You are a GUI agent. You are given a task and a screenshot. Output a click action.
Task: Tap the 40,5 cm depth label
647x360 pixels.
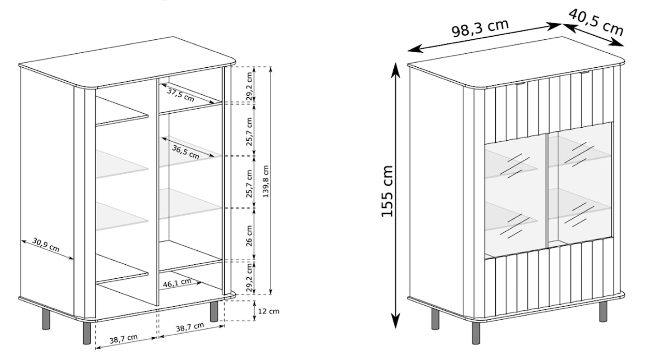(x=596, y=22)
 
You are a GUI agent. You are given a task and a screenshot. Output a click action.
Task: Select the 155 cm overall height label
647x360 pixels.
(x=388, y=191)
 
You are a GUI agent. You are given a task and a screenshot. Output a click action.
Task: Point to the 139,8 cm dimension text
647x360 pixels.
(x=266, y=181)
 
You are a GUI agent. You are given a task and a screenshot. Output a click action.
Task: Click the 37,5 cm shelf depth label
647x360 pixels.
(x=181, y=95)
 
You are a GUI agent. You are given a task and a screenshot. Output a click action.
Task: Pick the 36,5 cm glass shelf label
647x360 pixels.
(x=185, y=152)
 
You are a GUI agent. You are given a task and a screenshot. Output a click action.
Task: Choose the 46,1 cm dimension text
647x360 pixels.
(x=177, y=283)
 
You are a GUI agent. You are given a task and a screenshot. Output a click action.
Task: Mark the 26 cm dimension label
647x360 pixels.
(x=249, y=235)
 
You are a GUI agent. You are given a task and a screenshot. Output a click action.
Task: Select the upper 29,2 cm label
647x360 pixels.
(x=249, y=85)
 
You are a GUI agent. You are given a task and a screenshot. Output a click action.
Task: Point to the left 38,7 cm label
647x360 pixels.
(x=124, y=339)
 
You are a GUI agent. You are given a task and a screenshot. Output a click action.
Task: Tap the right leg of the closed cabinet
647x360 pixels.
(x=603, y=311)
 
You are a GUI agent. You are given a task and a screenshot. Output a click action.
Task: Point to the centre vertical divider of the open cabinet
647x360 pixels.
(x=153, y=191)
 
